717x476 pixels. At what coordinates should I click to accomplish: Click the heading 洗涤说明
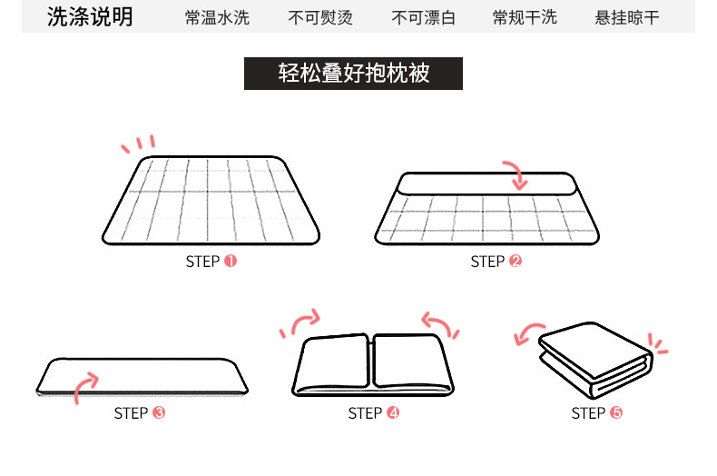(89, 16)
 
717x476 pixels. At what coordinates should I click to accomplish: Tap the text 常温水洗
(217, 17)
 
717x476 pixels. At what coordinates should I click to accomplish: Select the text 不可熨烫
(319, 17)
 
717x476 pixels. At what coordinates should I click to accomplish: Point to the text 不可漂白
(423, 17)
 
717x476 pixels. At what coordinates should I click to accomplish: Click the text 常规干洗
(525, 17)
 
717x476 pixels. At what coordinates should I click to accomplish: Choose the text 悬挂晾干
(627, 17)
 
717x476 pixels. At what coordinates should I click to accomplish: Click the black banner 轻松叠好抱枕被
(353, 74)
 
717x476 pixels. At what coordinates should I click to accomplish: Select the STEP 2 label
(496, 262)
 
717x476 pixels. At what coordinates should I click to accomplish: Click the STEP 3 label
(139, 413)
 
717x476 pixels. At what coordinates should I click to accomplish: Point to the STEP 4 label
(373, 413)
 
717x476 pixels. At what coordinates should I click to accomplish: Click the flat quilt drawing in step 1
(211, 200)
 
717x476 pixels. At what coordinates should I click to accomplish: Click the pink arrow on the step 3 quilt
(86, 384)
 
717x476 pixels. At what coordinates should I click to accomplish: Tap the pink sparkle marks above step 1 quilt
(139, 144)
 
